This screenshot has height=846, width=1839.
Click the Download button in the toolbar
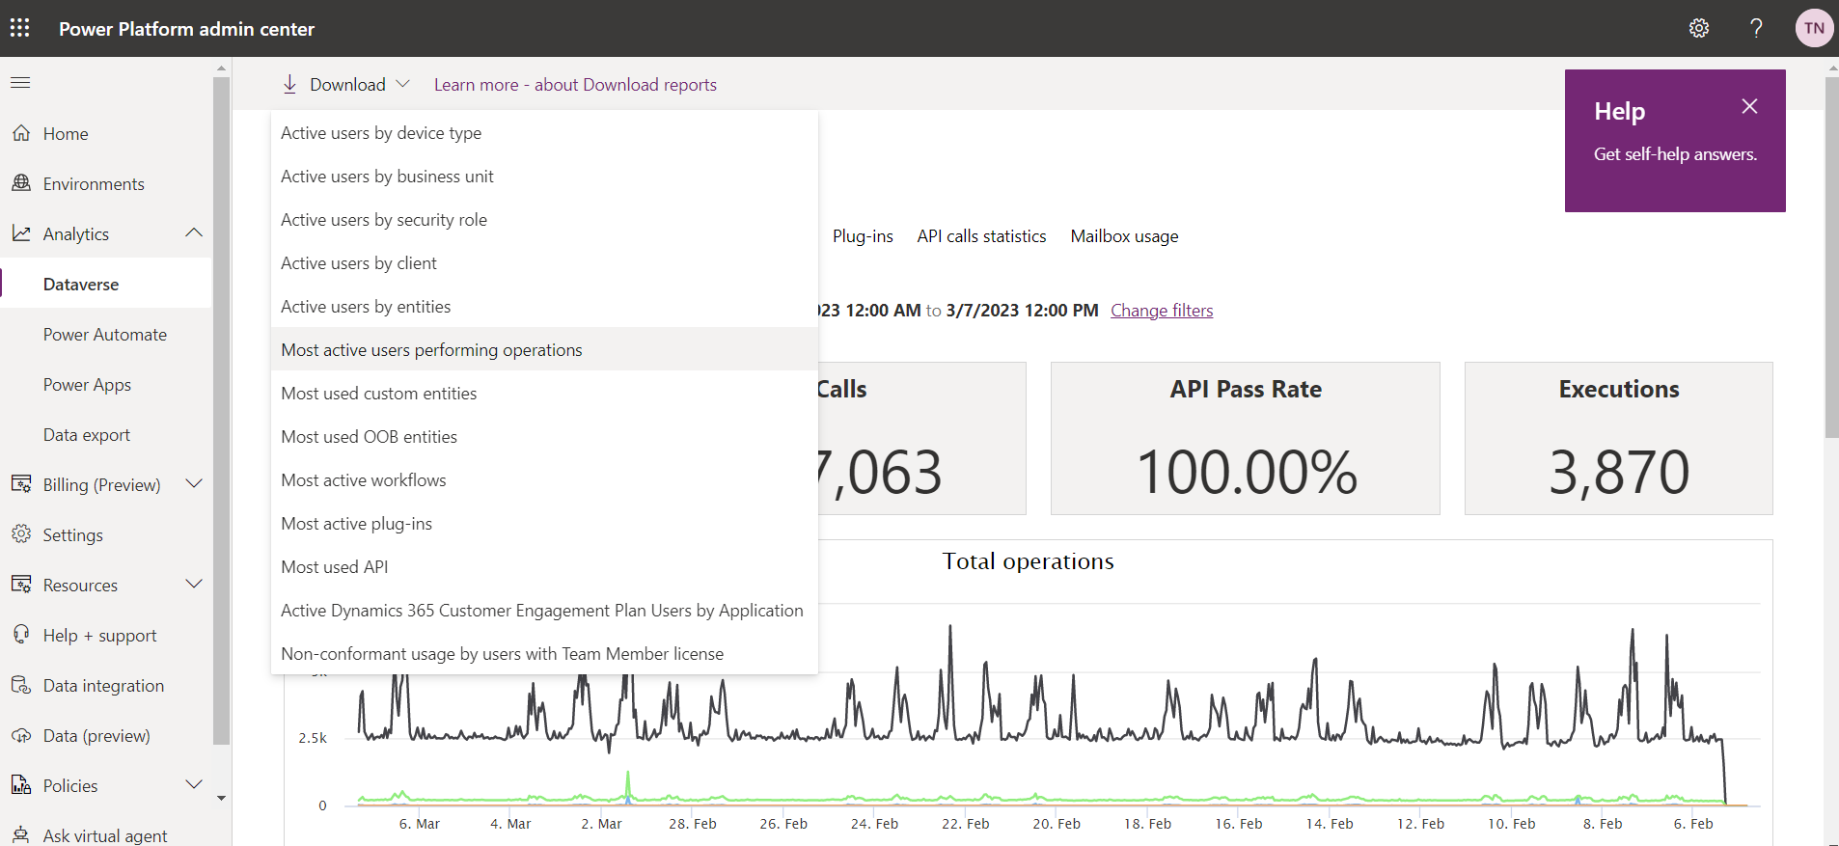coord(346,85)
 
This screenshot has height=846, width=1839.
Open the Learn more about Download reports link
coord(575,85)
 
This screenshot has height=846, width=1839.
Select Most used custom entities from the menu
coord(379,394)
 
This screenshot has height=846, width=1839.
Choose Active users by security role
coord(384,220)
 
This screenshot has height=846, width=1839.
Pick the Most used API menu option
coord(335,567)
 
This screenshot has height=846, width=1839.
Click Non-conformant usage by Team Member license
coord(503,654)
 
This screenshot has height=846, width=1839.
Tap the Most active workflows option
coord(364,480)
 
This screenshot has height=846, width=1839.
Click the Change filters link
coord(1162,311)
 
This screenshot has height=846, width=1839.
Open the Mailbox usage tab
coord(1124,236)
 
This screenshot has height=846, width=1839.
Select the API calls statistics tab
coord(981,236)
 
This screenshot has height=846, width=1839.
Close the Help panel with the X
coord(1749,106)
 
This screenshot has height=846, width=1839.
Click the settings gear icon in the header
coord(1699,28)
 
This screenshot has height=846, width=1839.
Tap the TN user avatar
coord(1814,28)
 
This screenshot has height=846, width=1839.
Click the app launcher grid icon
coord(20,27)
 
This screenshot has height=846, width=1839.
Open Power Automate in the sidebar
coord(105,335)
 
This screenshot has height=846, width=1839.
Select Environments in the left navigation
coord(94,184)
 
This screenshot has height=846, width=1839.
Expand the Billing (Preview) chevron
coord(194,483)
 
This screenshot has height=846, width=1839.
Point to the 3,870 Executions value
coord(1619,472)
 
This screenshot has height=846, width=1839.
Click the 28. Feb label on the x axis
coord(693,824)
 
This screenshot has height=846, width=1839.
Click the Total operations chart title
coord(1029,561)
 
